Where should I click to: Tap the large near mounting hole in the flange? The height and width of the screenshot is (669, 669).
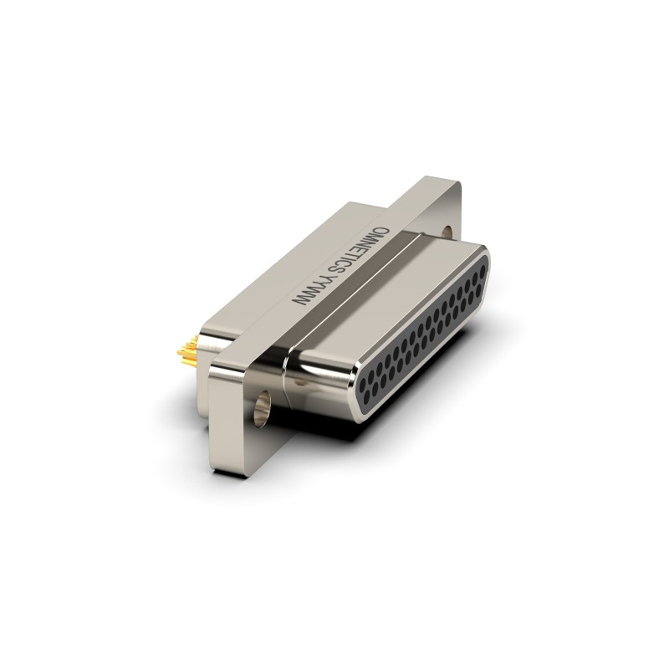pos(262,407)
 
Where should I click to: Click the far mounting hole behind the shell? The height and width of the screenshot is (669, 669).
pos(447,232)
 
